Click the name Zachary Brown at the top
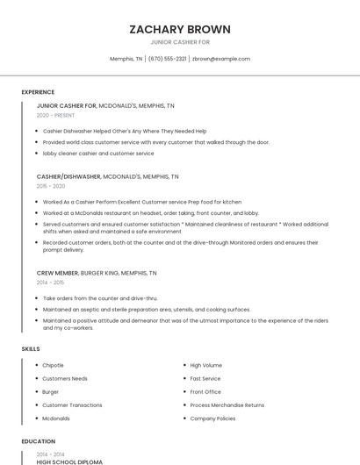tap(179, 28)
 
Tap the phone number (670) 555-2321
tap(167, 59)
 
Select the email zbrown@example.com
tap(221, 59)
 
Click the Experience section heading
tap(38, 92)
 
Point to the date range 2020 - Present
tap(55, 115)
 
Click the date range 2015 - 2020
tap(51, 186)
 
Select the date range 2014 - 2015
tap(51, 283)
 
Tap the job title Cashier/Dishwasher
tap(68, 176)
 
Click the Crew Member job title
tap(57, 273)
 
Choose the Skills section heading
tap(31, 349)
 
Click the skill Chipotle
tap(53, 365)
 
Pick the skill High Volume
tap(205, 365)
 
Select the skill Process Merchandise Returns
tap(227, 405)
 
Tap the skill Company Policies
tap(212, 418)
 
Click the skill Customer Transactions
tap(72, 405)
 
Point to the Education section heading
tap(38, 441)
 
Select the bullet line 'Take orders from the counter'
tap(100, 298)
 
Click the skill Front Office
tap(205, 391)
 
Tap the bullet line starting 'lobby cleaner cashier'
tap(98, 153)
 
